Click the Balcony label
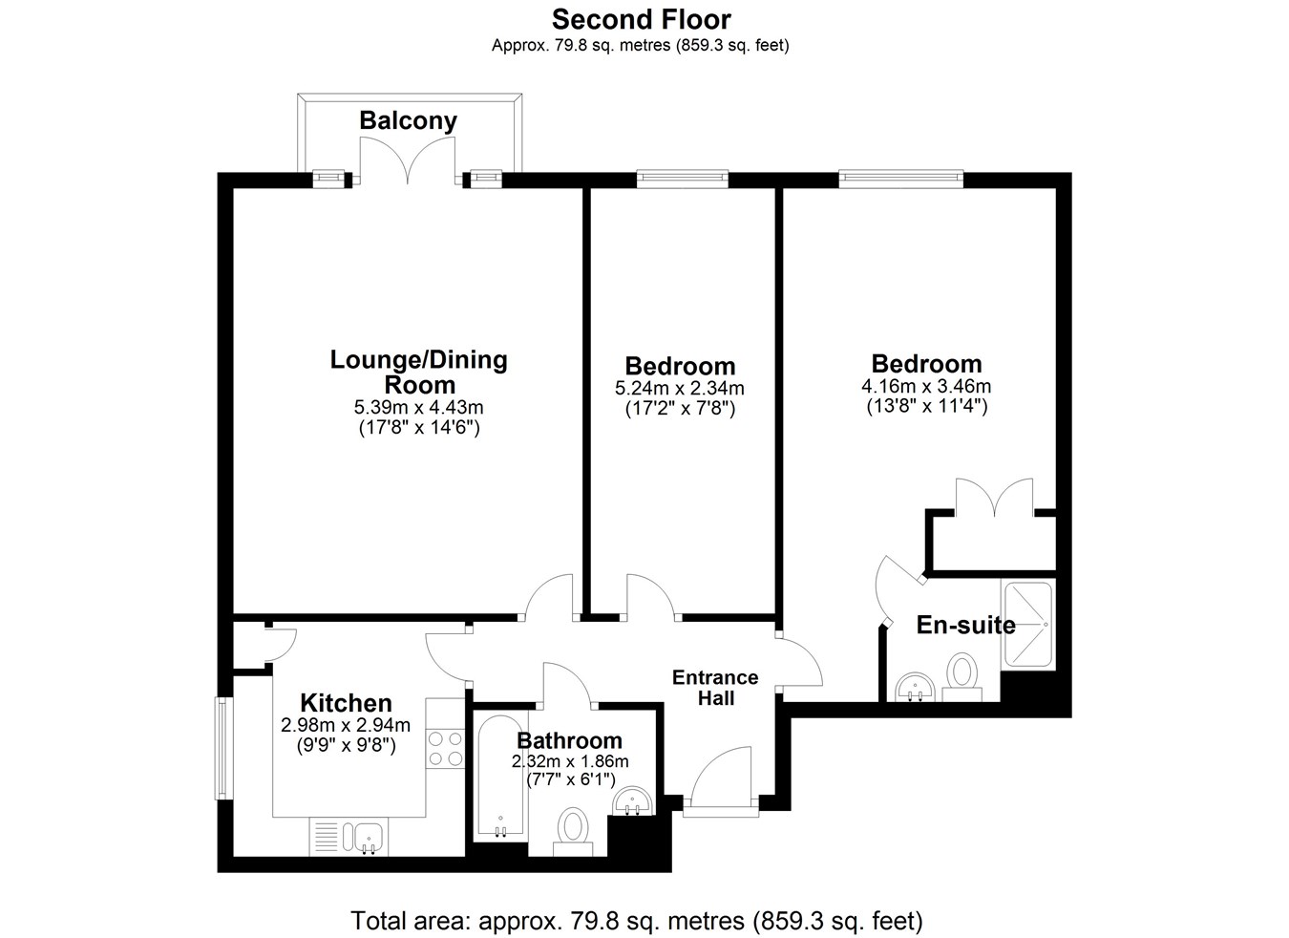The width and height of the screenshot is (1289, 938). [x=408, y=121]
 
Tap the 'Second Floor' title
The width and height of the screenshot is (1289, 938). [x=641, y=19]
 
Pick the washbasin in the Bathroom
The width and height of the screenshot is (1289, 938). [x=632, y=801]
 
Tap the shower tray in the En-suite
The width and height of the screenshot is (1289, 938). [x=1028, y=624]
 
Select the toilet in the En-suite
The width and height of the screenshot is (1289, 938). [x=961, y=676]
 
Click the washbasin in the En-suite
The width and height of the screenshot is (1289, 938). [x=915, y=687]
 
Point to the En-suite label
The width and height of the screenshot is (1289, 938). [x=965, y=626]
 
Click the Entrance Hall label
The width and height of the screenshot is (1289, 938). [x=715, y=688]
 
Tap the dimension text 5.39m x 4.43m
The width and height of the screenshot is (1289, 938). [x=418, y=408]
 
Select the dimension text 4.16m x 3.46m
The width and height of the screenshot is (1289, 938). [x=926, y=386]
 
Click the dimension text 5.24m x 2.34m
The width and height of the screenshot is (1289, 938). [x=680, y=388]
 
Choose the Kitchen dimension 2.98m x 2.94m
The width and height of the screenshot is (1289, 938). [x=346, y=725]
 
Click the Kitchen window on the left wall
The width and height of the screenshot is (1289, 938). [x=223, y=749]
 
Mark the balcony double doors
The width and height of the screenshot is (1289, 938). [x=408, y=160]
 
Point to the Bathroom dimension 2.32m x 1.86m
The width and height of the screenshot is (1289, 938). [x=570, y=761]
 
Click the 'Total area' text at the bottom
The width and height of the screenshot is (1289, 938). [x=637, y=920]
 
